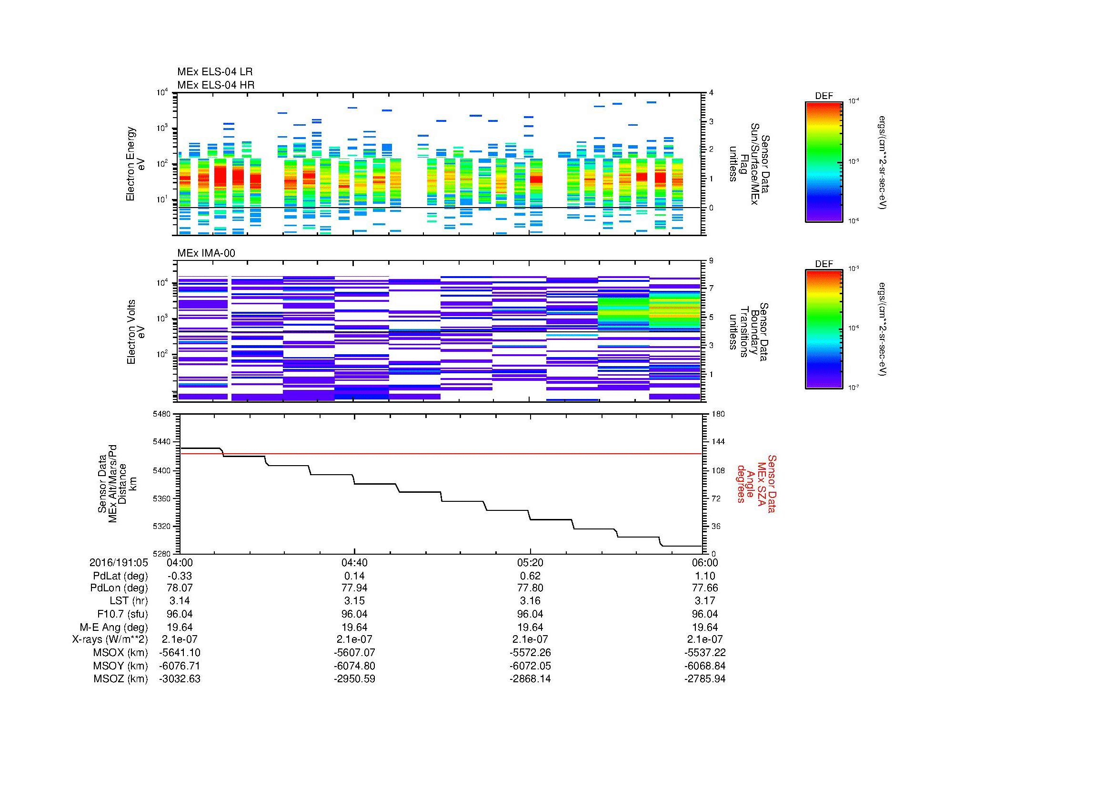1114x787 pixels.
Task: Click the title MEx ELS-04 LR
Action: [214, 72]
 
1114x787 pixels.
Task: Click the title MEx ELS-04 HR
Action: [215, 85]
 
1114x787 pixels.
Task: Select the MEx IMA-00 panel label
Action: [206, 253]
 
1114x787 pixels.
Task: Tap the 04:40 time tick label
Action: [354, 562]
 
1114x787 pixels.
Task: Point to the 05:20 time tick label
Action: [530, 562]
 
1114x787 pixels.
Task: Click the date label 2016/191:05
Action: [118, 562]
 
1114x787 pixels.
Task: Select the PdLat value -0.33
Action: [180, 576]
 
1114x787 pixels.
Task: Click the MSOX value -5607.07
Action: [354, 653]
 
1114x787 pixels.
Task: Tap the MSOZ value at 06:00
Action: [704, 679]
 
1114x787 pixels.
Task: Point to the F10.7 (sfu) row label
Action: [121, 614]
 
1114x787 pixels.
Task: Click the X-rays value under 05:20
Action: [530, 639]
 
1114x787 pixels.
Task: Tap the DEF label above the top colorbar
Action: [823, 96]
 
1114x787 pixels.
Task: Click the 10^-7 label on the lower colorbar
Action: [853, 388]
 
